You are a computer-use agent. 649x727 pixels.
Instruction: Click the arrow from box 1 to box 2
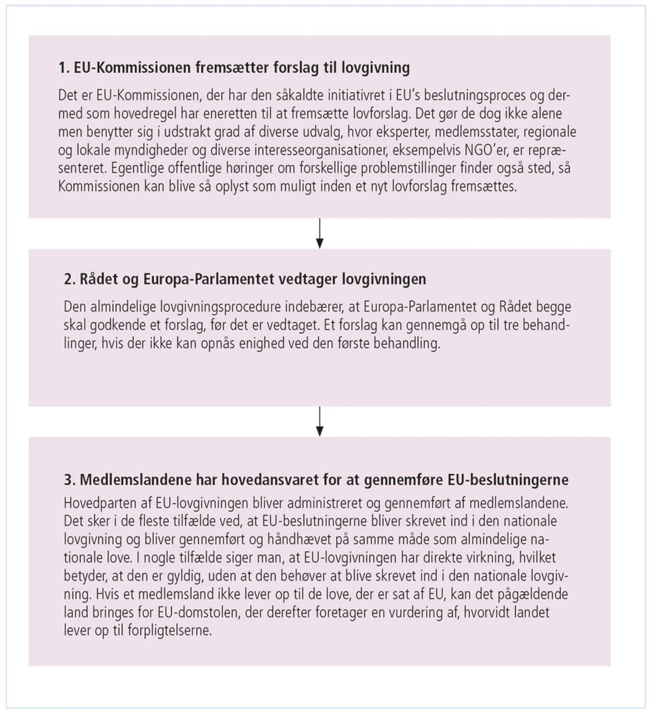(x=320, y=234)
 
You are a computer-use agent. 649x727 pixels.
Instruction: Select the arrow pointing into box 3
(x=320, y=421)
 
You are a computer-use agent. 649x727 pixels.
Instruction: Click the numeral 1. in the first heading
(x=64, y=68)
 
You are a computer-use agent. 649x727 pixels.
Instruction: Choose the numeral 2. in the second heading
(x=70, y=279)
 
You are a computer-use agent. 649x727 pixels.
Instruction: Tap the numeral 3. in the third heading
(x=70, y=479)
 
